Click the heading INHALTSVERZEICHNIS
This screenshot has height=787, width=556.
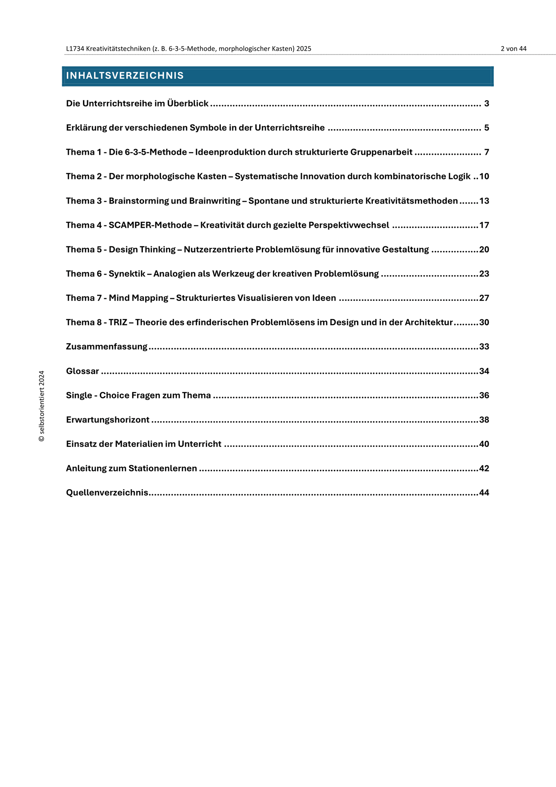(x=125, y=76)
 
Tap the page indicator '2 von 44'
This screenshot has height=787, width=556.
(x=513, y=49)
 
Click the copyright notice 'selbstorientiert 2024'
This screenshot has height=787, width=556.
(x=42, y=406)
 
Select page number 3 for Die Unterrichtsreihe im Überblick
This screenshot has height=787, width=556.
(x=486, y=103)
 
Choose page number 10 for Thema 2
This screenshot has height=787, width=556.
(x=484, y=176)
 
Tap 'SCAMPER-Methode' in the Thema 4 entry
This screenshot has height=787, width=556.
(x=150, y=225)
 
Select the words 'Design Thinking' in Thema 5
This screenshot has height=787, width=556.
(x=142, y=249)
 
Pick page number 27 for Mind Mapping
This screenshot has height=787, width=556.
(x=484, y=298)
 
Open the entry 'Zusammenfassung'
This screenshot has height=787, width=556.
(x=107, y=347)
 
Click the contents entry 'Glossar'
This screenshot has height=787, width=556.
(x=83, y=371)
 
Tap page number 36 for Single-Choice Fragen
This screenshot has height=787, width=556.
(x=484, y=395)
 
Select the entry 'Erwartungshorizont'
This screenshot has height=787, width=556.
(x=108, y=420)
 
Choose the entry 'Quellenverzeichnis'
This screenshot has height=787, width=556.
(x=107, y=493)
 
